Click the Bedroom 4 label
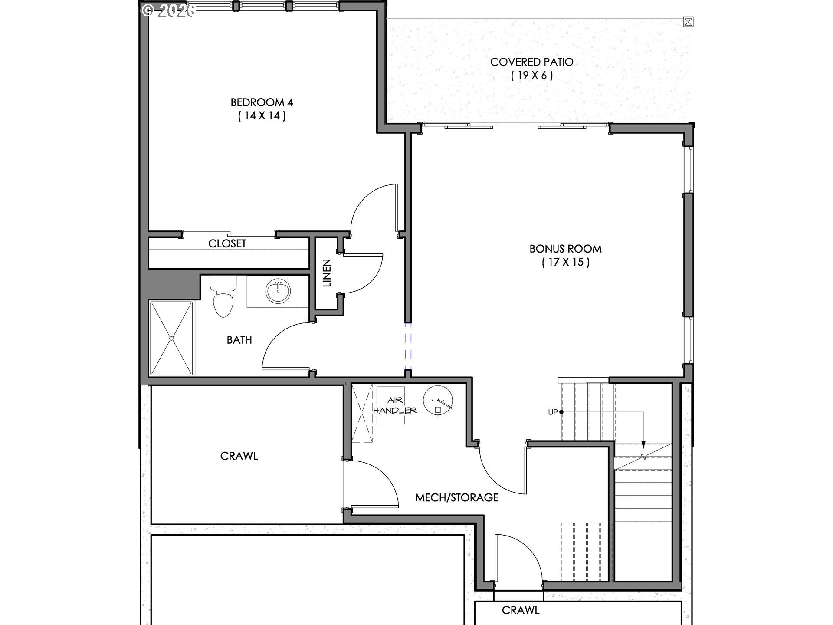pos(262,102)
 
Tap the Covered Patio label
pos(531,62)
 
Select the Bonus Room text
pos(565,249)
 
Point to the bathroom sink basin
pos(278,292)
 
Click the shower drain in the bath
pos(171,338)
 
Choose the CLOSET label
pos(227,243)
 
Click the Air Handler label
pos(395,405)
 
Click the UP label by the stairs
pos(552,412)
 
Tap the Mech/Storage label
pos(457,497)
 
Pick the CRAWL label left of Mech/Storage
pos(239,456)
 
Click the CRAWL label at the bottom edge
pos(521,610)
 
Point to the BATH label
pos(239,340)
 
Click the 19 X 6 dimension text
pos(532,76)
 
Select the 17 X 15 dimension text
pos(566,262)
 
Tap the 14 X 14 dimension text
pos(262,116)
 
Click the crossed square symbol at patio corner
pos(688,22)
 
